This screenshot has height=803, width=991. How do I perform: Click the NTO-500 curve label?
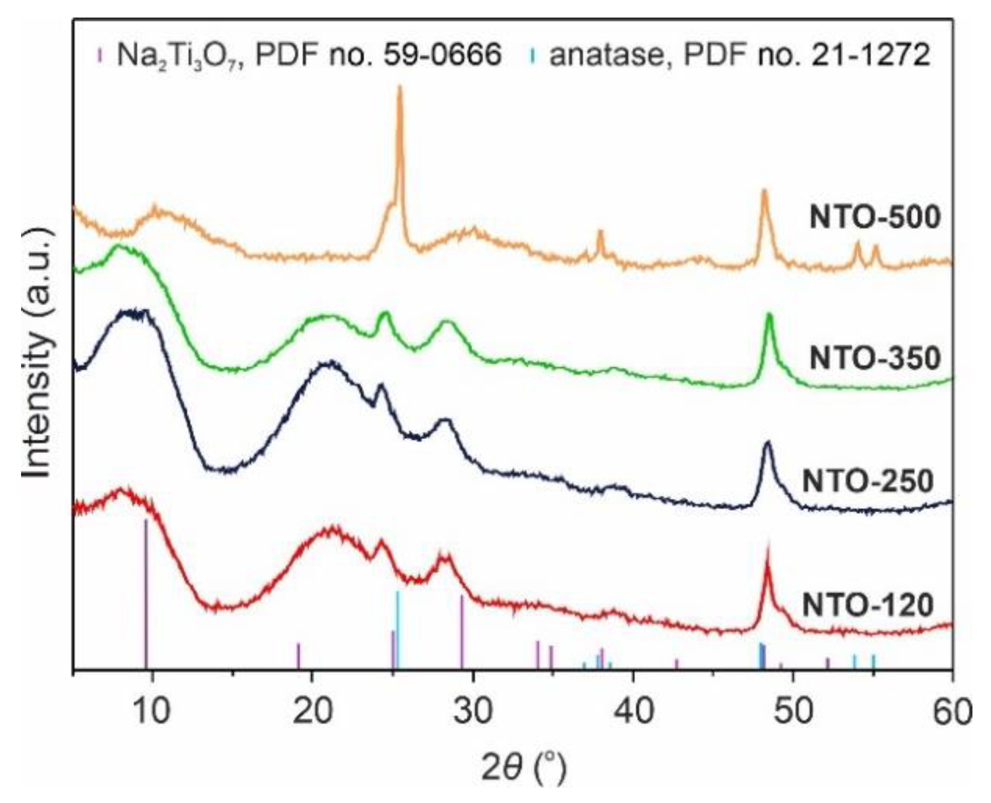pos(874,218)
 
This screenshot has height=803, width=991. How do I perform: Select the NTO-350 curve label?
pos(874,358)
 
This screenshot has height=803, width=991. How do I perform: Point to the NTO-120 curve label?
pos(867,605)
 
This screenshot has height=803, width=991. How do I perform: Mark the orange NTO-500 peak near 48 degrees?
pos(764,193)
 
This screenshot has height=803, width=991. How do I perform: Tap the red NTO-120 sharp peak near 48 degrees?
pos(767,554)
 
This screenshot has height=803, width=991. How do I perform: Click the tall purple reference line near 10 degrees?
pos(146,591)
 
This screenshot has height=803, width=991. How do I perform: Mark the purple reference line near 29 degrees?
pos(462,632)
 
